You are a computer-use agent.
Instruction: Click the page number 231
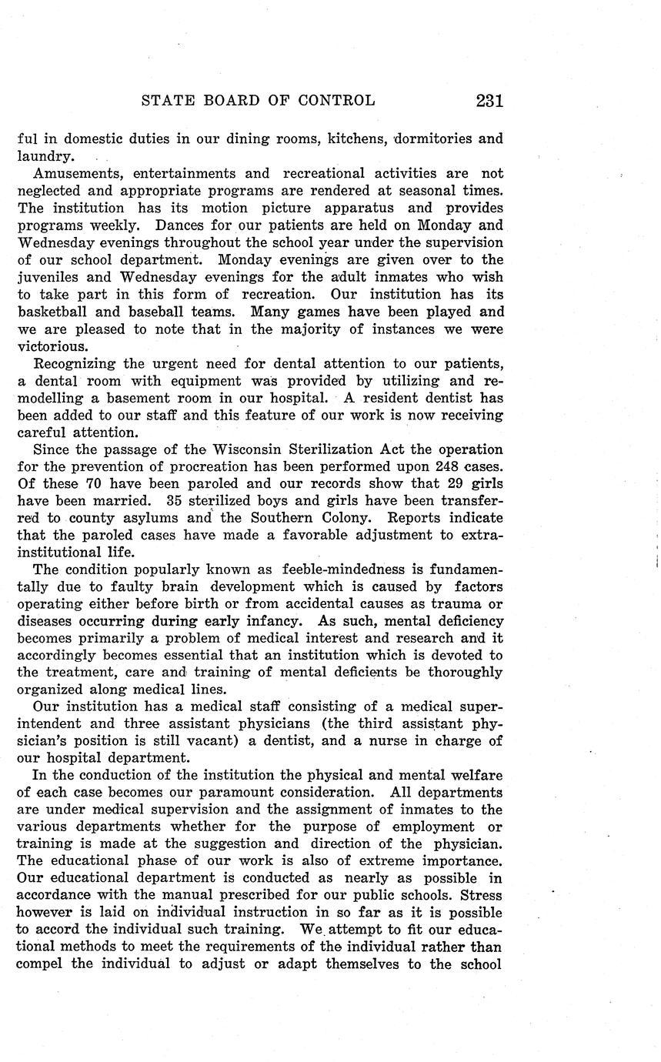coord(489,101)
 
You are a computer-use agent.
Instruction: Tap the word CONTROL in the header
coord(339,101)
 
